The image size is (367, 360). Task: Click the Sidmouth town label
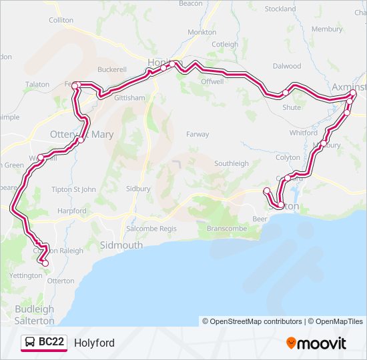121,245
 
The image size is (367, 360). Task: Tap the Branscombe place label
226,229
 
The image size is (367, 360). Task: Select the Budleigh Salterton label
34,315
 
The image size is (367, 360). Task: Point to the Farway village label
198,134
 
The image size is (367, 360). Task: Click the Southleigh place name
231,163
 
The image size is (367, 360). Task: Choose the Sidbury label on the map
138,189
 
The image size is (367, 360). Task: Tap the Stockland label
280,9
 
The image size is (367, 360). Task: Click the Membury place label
326,29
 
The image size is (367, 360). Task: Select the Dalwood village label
287,66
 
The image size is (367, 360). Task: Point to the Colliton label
61,21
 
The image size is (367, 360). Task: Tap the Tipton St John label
74,189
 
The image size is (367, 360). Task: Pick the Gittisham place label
129,97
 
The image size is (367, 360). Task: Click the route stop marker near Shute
285,93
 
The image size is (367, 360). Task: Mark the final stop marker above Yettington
45,263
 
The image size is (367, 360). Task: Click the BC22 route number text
51,343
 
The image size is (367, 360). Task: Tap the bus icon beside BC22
30,343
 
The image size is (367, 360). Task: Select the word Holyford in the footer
94,343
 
